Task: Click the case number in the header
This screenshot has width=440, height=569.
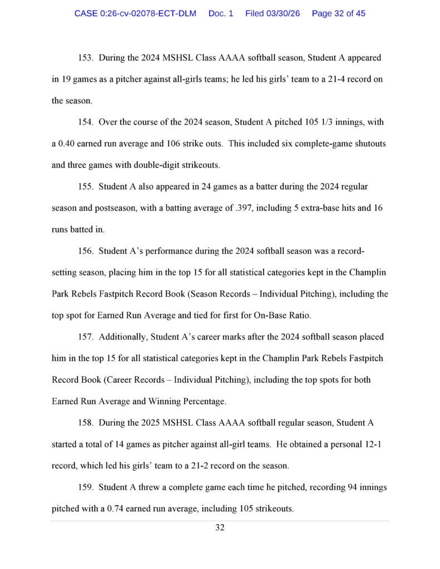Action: tap(135, 13)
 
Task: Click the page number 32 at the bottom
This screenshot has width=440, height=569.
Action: tap(220, 528)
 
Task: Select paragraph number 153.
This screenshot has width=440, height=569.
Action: tap(85, 58)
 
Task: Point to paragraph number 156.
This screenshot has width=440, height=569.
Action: tap(85, 251)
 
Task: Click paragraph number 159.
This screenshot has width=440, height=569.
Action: tap(85, 487)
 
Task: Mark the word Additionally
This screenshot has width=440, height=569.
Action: tap(123, 337)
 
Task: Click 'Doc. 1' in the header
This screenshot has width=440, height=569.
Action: tap(221, 13)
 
